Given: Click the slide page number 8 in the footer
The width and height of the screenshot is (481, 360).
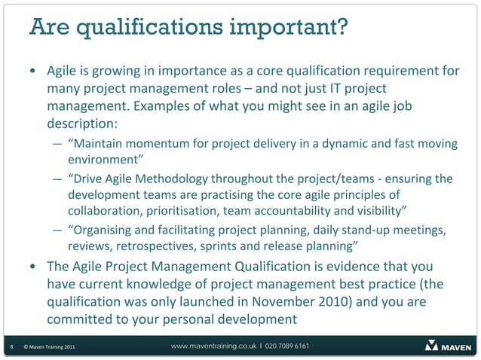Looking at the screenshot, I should pos(10,346).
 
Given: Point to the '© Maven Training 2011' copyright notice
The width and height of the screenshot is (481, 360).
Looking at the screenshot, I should pos(49,346).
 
